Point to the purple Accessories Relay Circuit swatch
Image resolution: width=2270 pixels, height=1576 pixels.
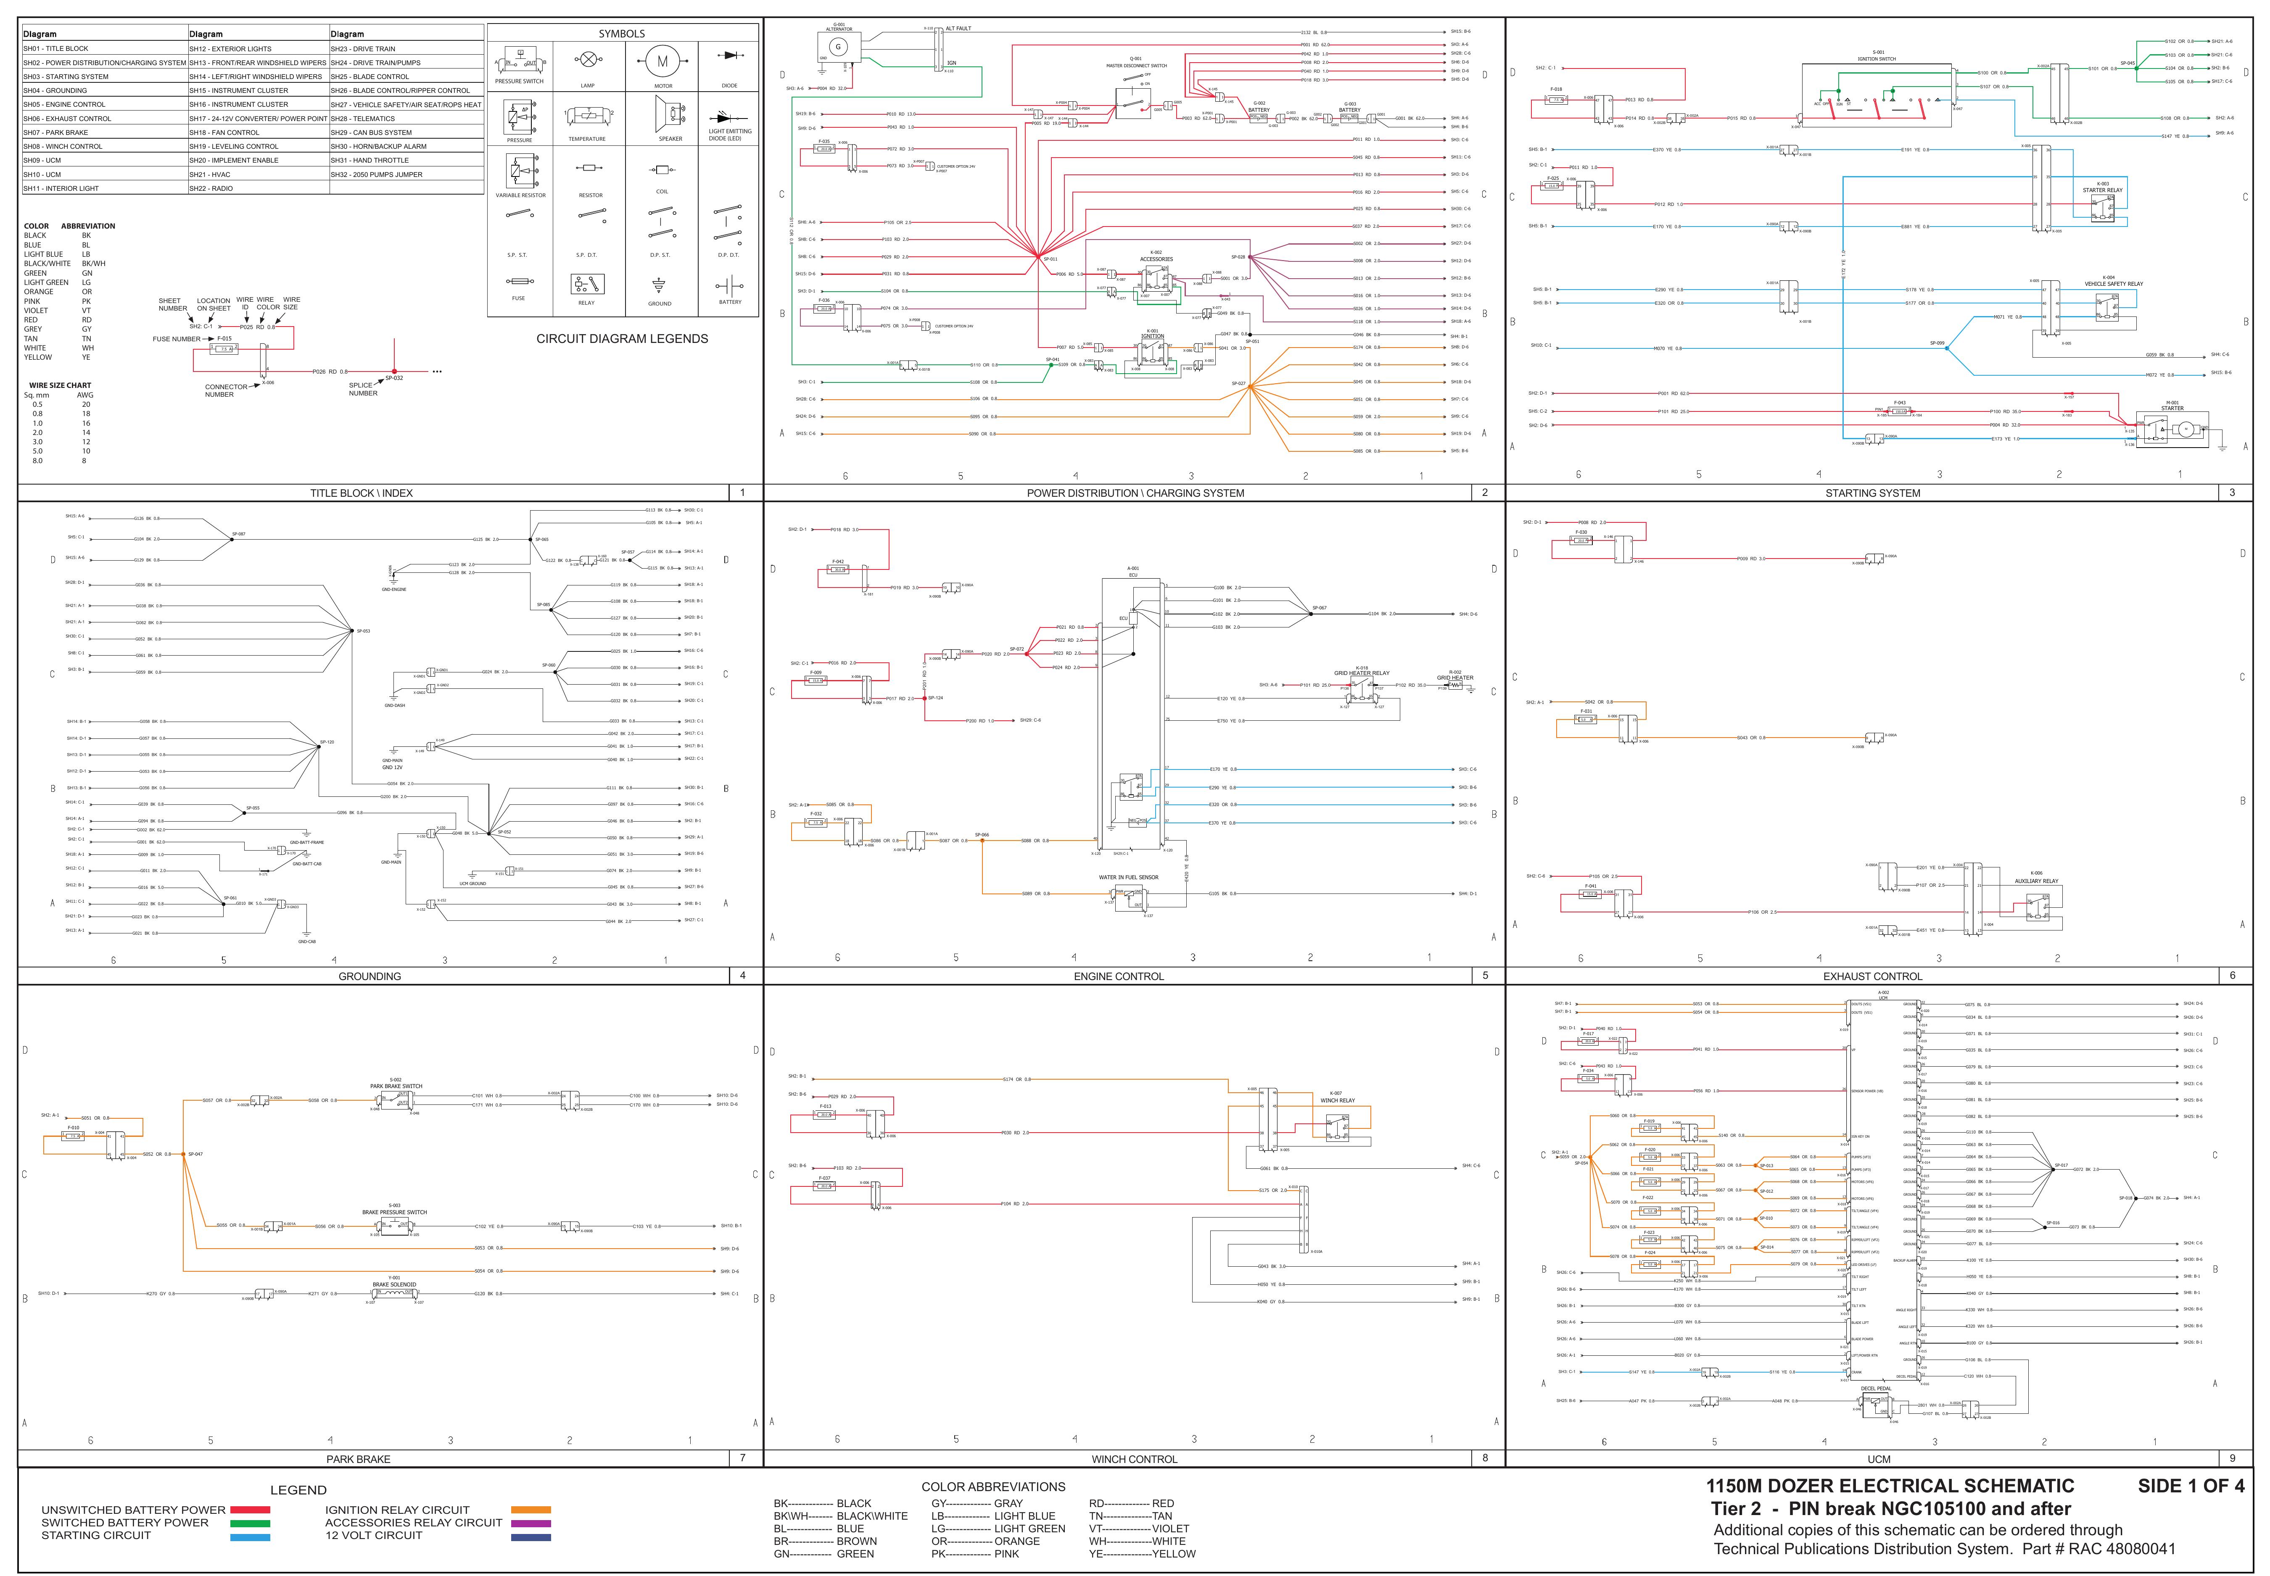(531, 1523)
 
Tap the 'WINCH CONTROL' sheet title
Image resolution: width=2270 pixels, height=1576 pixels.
(1134, 1458)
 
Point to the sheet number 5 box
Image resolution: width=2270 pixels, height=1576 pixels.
(1485, 975)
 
